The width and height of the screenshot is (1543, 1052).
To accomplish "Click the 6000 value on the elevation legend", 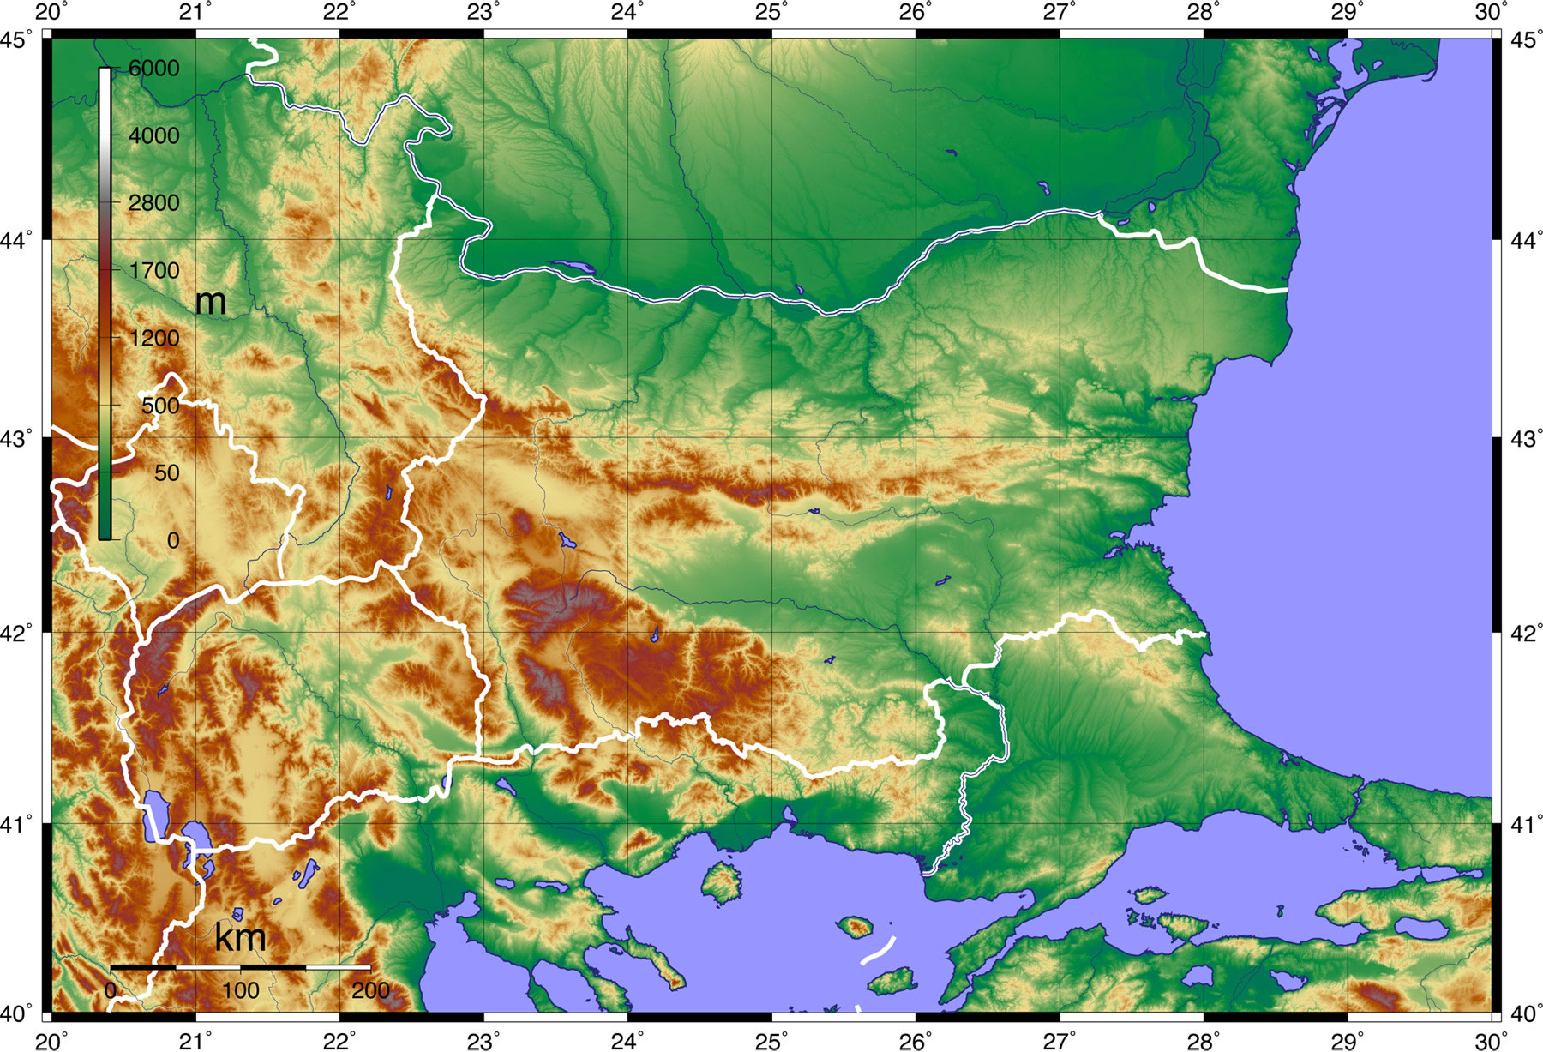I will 154,69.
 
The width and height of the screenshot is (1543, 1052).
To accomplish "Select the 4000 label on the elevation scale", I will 154,135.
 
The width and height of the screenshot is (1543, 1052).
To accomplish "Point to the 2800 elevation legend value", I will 154,203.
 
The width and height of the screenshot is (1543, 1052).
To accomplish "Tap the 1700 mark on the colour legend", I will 154,271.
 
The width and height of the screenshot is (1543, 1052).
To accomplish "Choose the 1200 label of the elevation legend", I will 154,338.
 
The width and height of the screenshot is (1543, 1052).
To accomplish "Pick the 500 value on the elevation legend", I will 160,406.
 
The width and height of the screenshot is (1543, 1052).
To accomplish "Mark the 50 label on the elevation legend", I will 166,472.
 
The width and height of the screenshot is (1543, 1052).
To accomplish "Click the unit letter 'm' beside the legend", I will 210,302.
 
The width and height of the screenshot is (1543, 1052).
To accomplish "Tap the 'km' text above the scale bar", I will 240,937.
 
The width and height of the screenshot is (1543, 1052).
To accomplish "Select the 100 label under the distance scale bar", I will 240,991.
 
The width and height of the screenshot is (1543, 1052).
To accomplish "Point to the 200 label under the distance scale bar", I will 370,991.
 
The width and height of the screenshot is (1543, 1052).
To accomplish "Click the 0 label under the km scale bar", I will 111,991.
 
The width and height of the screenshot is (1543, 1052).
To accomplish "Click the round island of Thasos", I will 721,882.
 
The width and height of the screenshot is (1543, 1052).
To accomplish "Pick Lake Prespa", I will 198,836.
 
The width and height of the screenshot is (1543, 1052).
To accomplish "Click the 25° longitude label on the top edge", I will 772,12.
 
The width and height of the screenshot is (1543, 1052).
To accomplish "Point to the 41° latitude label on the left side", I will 19,825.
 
